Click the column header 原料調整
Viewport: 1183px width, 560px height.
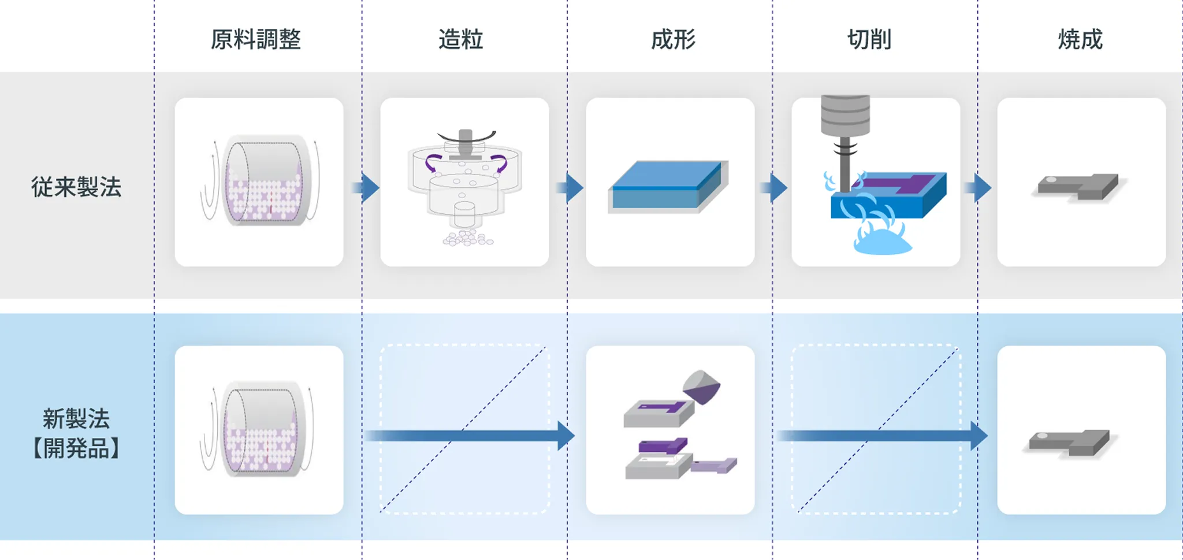255,39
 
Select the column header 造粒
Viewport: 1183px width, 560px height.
460,39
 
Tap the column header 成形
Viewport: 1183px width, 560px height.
673,39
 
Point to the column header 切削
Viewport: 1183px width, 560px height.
869,39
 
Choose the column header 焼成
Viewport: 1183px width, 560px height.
1080,39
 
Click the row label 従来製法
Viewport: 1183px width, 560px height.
76,187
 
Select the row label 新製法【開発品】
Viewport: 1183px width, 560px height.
76,433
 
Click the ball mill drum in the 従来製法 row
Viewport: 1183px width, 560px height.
263,181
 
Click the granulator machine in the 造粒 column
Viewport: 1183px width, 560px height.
465,179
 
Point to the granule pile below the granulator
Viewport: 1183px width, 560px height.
468,238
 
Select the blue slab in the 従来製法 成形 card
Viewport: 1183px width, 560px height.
667,186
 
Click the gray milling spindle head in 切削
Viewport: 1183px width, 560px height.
845,116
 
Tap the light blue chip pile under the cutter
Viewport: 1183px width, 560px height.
882,243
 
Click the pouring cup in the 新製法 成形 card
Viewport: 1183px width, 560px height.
701,387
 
